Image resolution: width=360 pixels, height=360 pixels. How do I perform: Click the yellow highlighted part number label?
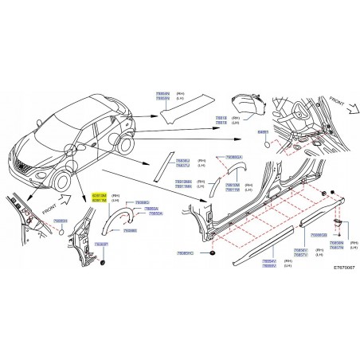[x=100, y=198]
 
